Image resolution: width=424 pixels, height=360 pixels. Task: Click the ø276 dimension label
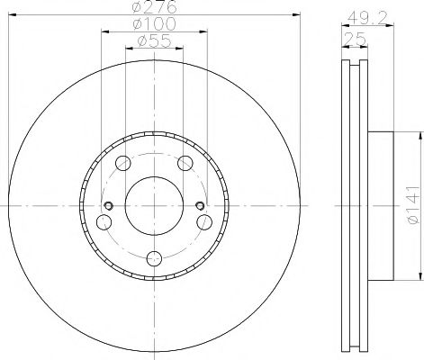(x=155, y=7)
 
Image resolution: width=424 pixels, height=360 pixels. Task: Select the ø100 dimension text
(x=155, y=23)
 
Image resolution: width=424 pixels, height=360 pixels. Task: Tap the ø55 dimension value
(x=155, y=40)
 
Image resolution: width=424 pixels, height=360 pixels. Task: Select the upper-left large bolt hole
(x=123, y=163)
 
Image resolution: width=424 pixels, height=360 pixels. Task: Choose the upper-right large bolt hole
(x=186, y=163)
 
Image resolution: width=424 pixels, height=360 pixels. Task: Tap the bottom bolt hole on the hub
(x=155, y=259)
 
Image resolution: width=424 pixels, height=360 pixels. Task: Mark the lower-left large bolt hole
(x=104, y=222)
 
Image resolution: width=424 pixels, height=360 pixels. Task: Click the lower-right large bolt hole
(x=206, y=222)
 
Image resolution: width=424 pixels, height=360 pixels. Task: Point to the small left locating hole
(x=109, y=207)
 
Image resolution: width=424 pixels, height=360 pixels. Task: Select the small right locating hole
(x=200, y=207)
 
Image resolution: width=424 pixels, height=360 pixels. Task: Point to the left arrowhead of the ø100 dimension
(x=103, y=31)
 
